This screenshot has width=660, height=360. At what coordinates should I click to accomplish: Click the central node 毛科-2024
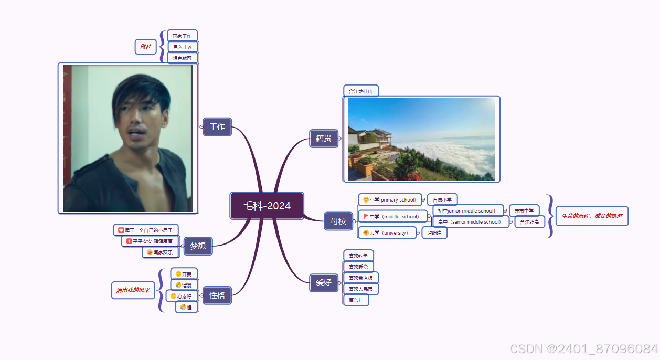[x=267, y=206]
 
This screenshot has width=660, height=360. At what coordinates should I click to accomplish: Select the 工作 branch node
[x=217, y=126]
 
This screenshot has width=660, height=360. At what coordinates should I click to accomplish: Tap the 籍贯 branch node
[x=323, y=139]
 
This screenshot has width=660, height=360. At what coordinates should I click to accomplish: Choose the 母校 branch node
[x=338, y=221]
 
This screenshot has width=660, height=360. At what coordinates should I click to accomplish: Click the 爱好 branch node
[x=324, y=283]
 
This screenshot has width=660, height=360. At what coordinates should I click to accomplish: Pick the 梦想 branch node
[x=198, y=246]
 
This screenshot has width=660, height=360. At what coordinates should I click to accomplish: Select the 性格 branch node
[x=217, y=295]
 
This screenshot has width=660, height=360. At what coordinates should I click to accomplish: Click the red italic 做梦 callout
[x=145, y=47]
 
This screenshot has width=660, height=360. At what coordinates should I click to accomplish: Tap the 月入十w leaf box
[x=183, y=47]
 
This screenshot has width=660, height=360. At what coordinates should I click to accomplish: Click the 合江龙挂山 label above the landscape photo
[x=361, y=91]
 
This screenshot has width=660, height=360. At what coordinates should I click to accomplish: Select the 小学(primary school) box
[x=390, y=200]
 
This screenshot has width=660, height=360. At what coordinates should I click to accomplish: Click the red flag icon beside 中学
[x=366, y=216]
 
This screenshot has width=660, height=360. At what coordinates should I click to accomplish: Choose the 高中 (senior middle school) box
[x=470, y=222]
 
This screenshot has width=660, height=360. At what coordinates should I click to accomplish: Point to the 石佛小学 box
[x=442, y=200]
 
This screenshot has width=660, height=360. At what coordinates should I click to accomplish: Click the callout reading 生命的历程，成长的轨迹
[x=592, y=216]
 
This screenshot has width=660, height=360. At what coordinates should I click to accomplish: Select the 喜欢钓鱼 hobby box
[x=358, y=256]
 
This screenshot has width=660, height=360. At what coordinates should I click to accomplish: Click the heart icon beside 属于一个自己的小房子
[x=121, y=230]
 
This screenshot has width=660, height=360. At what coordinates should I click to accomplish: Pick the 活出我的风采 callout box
[x=133, y=290]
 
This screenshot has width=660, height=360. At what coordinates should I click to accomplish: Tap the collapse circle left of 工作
[x=201, y=126]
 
